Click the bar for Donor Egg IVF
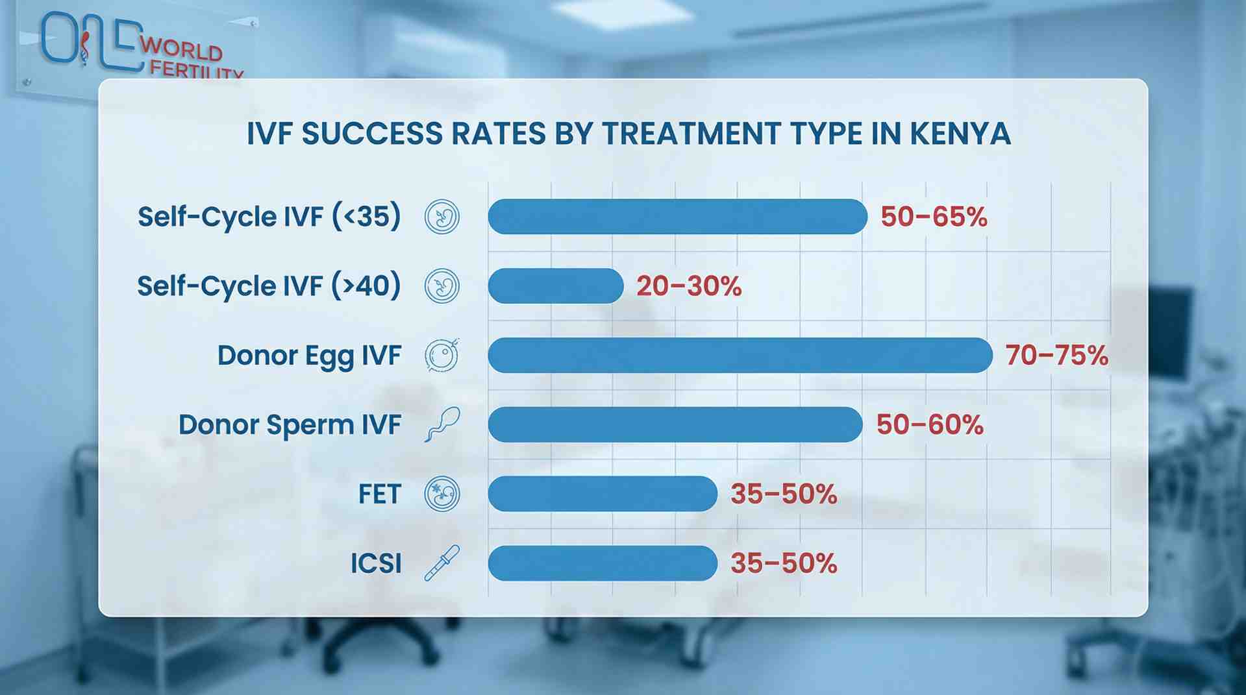(x=740, y=355)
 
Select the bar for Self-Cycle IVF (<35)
(x=677, y=217)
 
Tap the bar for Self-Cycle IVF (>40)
(x=555, y=286)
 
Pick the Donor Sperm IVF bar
(x=675, y=424)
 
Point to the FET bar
(x=603, y=494)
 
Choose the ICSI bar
(x=603, y=563)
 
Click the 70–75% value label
(x=1056, y=355)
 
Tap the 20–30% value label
(x=689, y=286)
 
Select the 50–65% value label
(x=934, y=217)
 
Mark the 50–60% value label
(x=930, y=425)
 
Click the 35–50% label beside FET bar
(x=784, y=494)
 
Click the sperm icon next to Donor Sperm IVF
(x=442, y=424)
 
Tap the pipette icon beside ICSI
(x=442, y=563)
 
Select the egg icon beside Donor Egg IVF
(x=442, y=355)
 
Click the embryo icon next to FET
(x=442, y=494)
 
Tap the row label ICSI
(x=376, y=563)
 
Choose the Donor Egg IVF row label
(x=309, y=356)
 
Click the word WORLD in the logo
(x=181, y=49)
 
